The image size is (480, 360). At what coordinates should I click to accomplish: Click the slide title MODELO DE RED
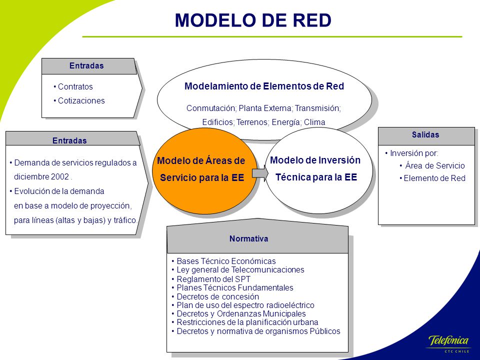253,20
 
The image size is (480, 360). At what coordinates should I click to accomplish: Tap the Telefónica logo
448,344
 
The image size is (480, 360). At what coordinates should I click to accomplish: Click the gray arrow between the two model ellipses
260,173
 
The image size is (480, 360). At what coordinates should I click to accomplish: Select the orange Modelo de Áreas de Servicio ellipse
204,171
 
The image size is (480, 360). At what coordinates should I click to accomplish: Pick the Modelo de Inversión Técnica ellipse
318,170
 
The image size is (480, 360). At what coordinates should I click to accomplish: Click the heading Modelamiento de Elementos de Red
264,86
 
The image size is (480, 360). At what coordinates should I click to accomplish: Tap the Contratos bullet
73,86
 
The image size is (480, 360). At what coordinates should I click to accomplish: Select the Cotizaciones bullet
79,100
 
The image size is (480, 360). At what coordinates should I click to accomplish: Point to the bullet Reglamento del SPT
211,279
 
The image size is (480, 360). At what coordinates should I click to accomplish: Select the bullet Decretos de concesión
215,296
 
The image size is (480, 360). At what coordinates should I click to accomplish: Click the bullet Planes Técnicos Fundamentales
232,288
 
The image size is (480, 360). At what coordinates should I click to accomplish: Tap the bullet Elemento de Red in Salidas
432,178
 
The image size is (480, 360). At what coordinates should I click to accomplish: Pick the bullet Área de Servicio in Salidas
432,165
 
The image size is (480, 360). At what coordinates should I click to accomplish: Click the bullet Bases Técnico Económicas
224,261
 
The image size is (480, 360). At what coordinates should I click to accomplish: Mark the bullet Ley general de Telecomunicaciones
238,270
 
